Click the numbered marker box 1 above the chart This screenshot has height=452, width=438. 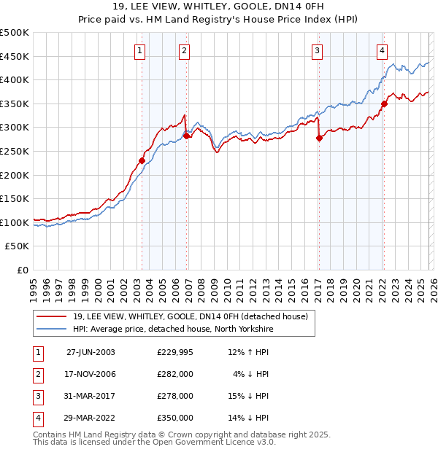click(x=139, y=50)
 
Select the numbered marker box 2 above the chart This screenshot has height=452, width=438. click(x=184, y=50)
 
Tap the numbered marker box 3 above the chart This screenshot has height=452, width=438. click(x=318, y=50)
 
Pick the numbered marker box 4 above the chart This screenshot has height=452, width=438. click(x=382, y=50)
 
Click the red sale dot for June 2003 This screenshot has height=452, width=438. click(x=142, y=160)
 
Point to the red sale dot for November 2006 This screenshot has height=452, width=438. click(x=186, y=136)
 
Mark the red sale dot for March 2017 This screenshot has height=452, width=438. click(x=319, y=138)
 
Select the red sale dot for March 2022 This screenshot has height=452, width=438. click(x=384, y=104)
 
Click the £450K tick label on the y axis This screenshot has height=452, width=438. click(x=15, y=56)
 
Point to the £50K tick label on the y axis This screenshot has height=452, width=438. click(x=18, y=246)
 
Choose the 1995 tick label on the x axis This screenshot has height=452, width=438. click(x=34, y=285)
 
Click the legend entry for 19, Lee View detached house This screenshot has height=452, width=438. click(x=191, y=316)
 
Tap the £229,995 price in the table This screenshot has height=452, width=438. click(x=175, y=352)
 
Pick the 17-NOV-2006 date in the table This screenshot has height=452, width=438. click(x=91, y=374)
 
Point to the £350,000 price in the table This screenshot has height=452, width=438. click(x=175, y=418)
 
